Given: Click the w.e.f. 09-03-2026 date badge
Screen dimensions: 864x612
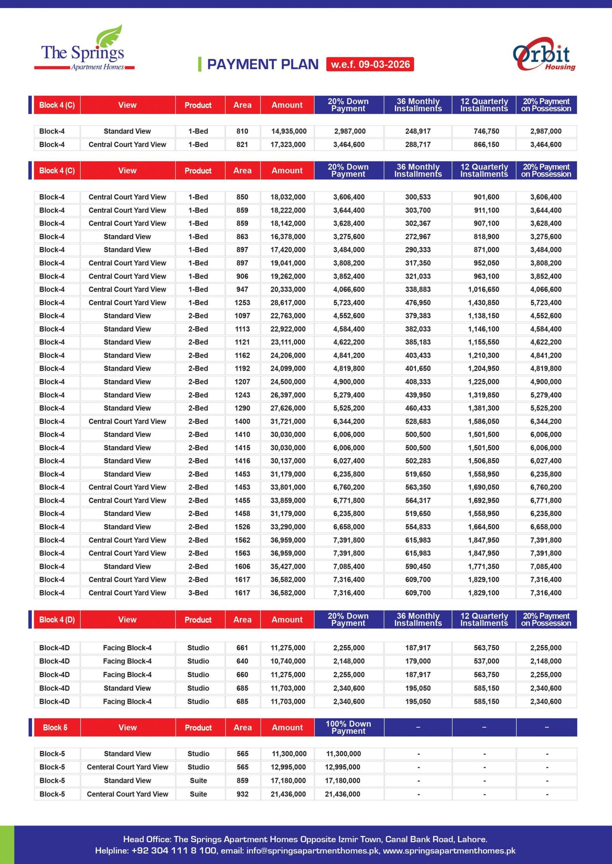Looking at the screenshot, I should (370, 64).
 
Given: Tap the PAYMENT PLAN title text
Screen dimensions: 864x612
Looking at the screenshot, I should (262, 64).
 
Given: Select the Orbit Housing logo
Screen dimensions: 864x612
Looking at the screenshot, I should (544, 54).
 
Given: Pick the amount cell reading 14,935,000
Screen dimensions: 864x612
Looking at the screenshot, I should (289, 131).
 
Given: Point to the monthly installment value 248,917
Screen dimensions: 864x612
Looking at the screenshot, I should (418, 131).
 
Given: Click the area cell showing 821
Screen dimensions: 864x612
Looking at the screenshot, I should (242, 145).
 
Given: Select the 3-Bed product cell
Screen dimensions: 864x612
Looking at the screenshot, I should (198, 593).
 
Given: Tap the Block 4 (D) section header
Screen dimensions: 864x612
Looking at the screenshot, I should (57, 619).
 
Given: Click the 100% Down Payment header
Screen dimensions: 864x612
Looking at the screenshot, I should (348, 727).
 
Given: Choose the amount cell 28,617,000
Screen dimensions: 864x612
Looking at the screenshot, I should (288, 302).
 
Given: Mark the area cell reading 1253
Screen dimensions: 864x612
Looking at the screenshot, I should (242, 302).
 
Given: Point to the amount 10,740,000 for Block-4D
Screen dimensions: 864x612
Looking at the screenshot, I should (288, 661).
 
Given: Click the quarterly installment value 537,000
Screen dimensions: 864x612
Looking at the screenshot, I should (486, 661).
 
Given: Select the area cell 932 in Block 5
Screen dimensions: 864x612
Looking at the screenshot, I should (242, 794).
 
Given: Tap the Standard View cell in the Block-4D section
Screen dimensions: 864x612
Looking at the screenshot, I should (127, 688).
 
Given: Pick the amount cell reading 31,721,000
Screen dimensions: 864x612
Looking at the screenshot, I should (288, 421).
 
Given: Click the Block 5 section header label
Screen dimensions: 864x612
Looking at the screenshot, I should (55, 727).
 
